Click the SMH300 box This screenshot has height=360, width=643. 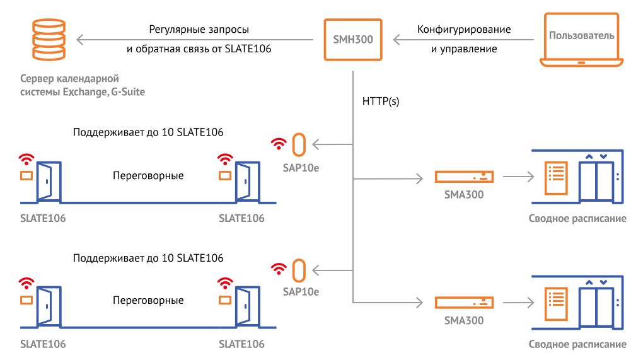(352, 40)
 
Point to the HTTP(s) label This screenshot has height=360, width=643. (380, 101)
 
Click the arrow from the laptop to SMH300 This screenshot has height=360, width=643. (463, 40)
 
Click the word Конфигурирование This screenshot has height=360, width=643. (464, 30)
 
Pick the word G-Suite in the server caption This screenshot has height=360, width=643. (126, 92)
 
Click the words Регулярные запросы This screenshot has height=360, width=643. (199, 30)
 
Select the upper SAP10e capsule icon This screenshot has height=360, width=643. (298, 145)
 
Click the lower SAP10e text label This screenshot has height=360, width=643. (301, 291)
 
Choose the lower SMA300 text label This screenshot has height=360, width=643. (464, 320)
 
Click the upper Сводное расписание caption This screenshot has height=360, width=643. (577, 219)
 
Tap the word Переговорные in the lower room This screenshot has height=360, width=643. (148, 300)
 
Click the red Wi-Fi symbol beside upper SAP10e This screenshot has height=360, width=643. (277, 144)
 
